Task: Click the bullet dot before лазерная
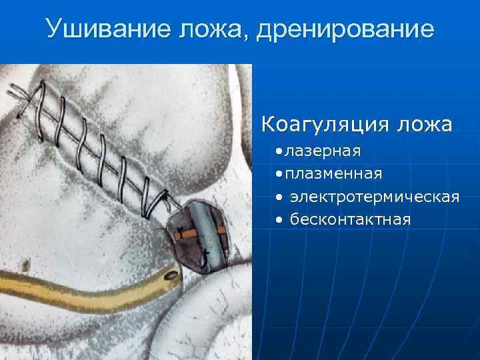[277, 152]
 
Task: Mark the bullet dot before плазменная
[277, 174]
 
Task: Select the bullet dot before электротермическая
[277, 197]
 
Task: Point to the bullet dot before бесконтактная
[277, 219]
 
